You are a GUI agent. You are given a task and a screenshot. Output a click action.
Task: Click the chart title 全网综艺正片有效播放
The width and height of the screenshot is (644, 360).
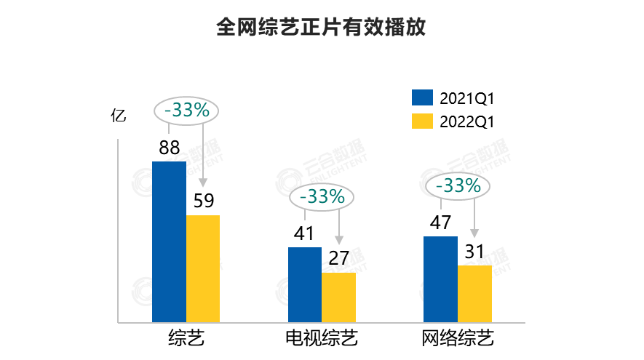321,28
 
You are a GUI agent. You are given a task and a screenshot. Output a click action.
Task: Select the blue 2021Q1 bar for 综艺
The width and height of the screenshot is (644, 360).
169,241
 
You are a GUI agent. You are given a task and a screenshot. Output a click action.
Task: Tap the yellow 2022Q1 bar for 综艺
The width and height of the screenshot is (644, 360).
203,268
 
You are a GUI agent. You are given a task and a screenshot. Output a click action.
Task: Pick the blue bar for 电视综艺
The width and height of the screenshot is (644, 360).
305,284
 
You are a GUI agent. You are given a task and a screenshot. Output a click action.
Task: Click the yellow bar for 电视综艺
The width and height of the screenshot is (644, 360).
338,297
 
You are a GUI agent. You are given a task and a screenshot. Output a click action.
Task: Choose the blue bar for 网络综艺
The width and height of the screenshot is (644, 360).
441,279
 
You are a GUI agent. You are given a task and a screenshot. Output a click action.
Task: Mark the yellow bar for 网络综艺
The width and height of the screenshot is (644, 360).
474,294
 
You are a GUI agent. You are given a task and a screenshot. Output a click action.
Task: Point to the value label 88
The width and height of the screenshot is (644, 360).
169,148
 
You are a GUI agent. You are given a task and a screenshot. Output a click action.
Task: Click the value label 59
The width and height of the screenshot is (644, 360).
203,201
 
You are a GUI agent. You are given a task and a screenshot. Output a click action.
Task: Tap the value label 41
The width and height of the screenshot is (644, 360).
304,234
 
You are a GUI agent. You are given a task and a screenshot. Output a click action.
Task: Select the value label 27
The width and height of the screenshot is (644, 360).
338,259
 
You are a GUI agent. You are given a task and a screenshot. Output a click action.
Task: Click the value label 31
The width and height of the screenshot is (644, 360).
474,252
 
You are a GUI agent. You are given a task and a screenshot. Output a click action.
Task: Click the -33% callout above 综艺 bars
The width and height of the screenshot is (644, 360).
187,111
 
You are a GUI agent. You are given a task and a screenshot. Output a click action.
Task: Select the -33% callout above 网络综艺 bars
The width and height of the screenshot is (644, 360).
458,185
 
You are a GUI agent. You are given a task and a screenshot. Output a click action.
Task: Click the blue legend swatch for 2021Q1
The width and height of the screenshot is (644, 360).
422,98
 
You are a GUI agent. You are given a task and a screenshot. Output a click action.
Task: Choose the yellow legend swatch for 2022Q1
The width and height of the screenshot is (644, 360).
422,121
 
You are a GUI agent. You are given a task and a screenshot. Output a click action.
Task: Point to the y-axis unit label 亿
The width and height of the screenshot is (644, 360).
118,115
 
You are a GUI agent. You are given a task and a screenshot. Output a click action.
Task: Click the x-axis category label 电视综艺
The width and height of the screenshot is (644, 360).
322,340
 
